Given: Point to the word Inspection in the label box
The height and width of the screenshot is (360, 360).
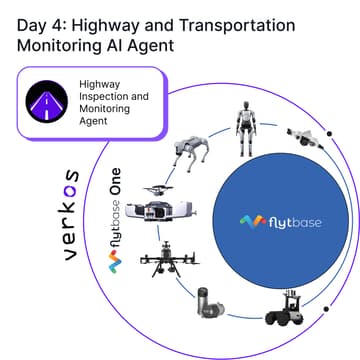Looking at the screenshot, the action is point(106,98).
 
